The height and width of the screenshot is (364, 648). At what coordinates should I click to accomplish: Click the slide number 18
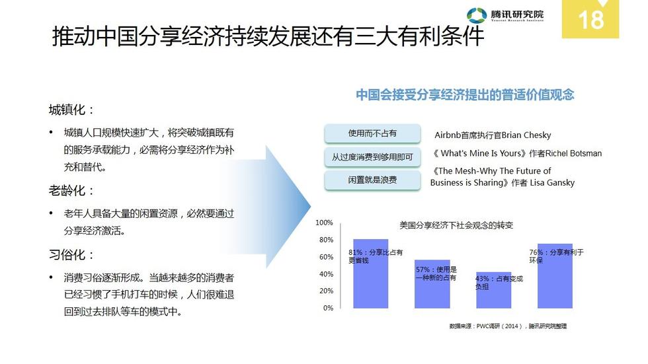[x=591, y=19]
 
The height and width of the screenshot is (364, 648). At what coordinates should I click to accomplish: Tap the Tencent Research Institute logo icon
[x=477, y=15]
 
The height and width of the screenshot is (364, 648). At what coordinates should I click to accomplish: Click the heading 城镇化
[x=71, y=110]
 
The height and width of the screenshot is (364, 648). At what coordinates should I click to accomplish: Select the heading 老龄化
[x=71, y=191]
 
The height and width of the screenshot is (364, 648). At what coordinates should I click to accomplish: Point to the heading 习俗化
[x=71, y=254]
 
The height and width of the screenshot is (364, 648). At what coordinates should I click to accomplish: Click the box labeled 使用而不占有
[x=372, y=133]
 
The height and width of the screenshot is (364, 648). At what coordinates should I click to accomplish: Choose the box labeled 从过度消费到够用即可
[x=372, y=157]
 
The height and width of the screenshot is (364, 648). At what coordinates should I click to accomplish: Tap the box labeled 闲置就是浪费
[x=372, y=180]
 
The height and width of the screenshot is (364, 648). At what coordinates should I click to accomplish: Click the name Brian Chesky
[x=526, y=135]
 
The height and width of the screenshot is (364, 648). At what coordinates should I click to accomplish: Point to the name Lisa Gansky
[x=552, y=182]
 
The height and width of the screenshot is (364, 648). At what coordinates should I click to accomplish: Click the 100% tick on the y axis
[x=325, y=223]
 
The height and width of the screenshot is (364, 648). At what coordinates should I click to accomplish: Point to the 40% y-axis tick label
[x=326, y=274]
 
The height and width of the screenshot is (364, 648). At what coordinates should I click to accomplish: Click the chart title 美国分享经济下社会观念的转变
[x=456, y=225]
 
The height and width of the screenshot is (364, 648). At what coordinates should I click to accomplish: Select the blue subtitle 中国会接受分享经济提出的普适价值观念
[x=465, y=94]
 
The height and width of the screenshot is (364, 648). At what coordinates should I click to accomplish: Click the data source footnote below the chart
[x=508, y=326]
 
